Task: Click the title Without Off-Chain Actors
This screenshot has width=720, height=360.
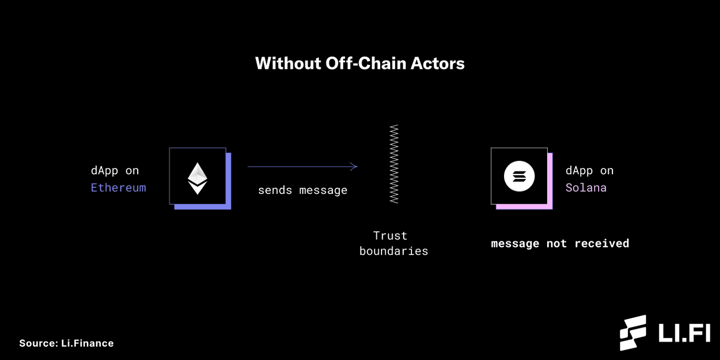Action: tap(359, 63)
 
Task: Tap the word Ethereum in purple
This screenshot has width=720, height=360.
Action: tap(118, 188)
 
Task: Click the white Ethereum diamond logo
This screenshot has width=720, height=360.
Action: tap(197, 178)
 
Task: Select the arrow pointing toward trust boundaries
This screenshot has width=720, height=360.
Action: tap(302, 166)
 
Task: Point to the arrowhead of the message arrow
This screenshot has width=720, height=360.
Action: tap(354, 166)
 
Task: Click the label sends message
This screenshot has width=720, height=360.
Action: tap(302, 190)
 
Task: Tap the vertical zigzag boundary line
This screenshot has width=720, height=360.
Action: tap(394, 164)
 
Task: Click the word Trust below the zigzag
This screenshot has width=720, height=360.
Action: tap(390, 236)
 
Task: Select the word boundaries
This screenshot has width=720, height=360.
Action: tap(393, 251)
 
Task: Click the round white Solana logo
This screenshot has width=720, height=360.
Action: tap(519, 176)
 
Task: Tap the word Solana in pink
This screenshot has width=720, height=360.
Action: tap(586, 188)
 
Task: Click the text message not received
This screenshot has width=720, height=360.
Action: tap(560, 243)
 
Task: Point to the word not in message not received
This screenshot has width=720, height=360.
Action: tap(557, 243)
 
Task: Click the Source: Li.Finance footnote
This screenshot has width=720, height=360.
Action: tap(66, 343)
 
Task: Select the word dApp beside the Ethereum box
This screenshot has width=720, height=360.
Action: tap(104, 171)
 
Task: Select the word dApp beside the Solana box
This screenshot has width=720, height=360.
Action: tap(579, 171)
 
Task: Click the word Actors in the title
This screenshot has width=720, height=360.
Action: tap(438, 63)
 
